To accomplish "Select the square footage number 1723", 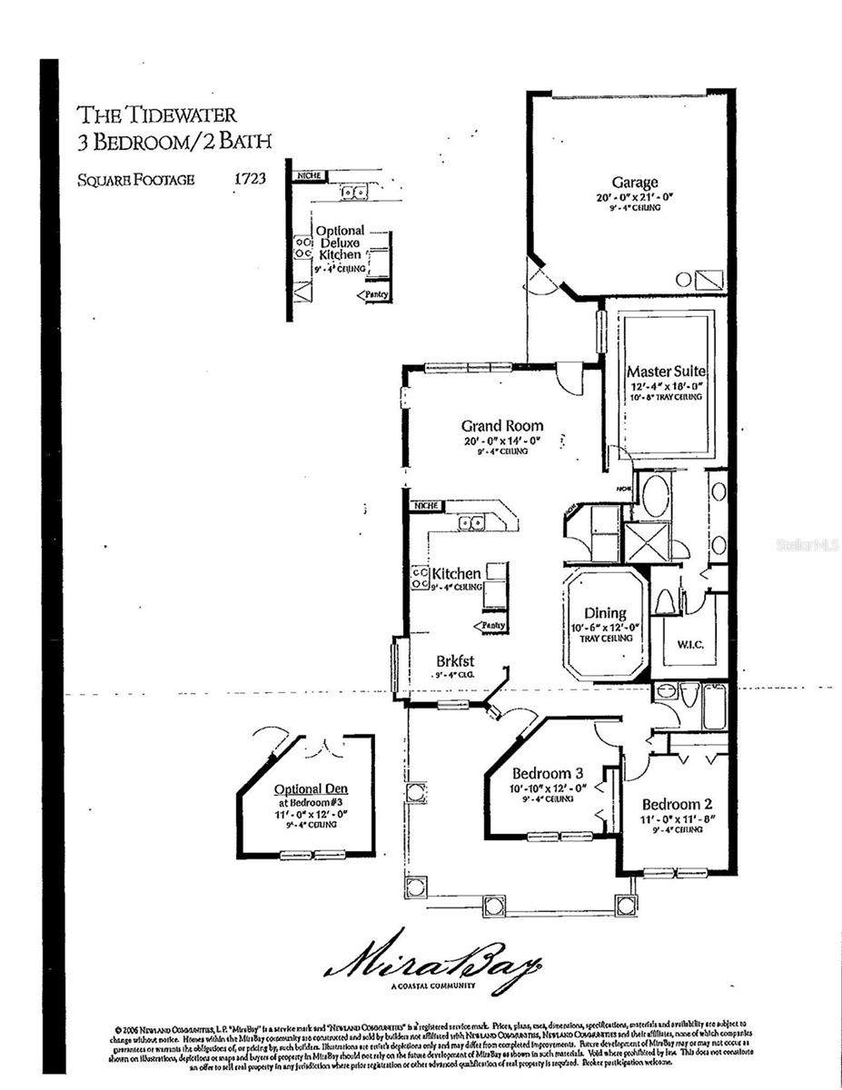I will pos(249,179).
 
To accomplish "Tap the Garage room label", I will pos(634,183).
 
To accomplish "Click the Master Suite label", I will pos(666,372).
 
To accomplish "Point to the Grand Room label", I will pos(501,425).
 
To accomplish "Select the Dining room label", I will pos(605,614).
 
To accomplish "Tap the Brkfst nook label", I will pos(456,662).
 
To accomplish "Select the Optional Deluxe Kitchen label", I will pos(340,243).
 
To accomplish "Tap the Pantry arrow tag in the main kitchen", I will pos(490,626).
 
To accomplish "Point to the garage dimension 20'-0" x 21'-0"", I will pos(634,196).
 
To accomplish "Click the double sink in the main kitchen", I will pos(471,522).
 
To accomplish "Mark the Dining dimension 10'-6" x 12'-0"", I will pos(605,627).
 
